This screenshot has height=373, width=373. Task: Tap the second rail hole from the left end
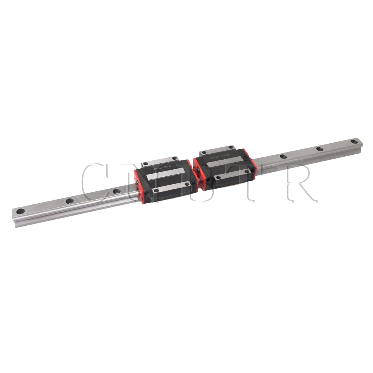69,201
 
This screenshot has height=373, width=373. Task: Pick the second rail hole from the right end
320,149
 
